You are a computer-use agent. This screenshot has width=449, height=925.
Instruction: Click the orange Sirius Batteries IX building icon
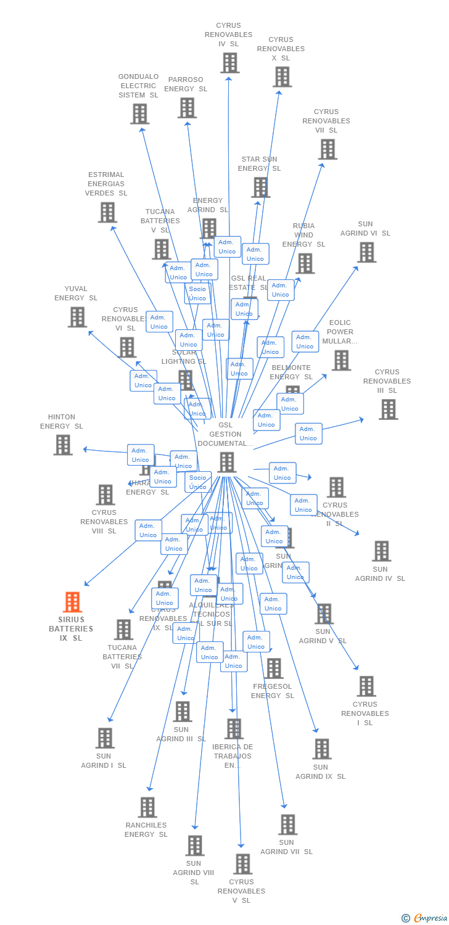coord(73,602)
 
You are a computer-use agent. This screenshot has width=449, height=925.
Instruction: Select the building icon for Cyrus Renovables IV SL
coord(229,62)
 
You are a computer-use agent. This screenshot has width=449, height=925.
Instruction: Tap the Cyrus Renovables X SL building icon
coord(282,76)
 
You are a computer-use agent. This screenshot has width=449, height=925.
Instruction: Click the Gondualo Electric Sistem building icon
coord(139,113)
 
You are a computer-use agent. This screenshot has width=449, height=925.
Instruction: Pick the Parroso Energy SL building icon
coord(187,107)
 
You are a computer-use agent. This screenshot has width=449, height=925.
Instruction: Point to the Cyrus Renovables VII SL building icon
coord(327,149)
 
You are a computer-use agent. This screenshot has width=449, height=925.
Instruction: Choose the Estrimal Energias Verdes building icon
coord(107,212)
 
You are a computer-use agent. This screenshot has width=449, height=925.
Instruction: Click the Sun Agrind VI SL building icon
coord(366,252)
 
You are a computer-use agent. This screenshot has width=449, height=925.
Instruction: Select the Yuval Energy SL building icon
coord(77,317)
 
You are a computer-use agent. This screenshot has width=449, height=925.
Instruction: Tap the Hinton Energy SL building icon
coord(62,445)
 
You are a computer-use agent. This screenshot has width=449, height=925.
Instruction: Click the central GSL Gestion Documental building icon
coord(226,462)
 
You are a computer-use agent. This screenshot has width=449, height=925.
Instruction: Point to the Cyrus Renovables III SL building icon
coord(388,409)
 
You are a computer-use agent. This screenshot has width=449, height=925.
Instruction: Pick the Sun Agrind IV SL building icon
coord(381,551)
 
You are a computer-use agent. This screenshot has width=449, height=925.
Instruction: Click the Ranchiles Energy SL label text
coord(146,829)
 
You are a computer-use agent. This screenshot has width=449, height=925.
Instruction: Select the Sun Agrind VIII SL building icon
coord(195,845)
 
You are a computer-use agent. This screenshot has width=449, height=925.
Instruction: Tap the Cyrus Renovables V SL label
coord(242,891)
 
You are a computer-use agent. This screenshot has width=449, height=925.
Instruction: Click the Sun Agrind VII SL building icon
coord(287,824)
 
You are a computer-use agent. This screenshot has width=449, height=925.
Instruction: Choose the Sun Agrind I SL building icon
coord(105,738)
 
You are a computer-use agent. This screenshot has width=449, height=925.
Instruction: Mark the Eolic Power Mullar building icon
coord(341,360)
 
